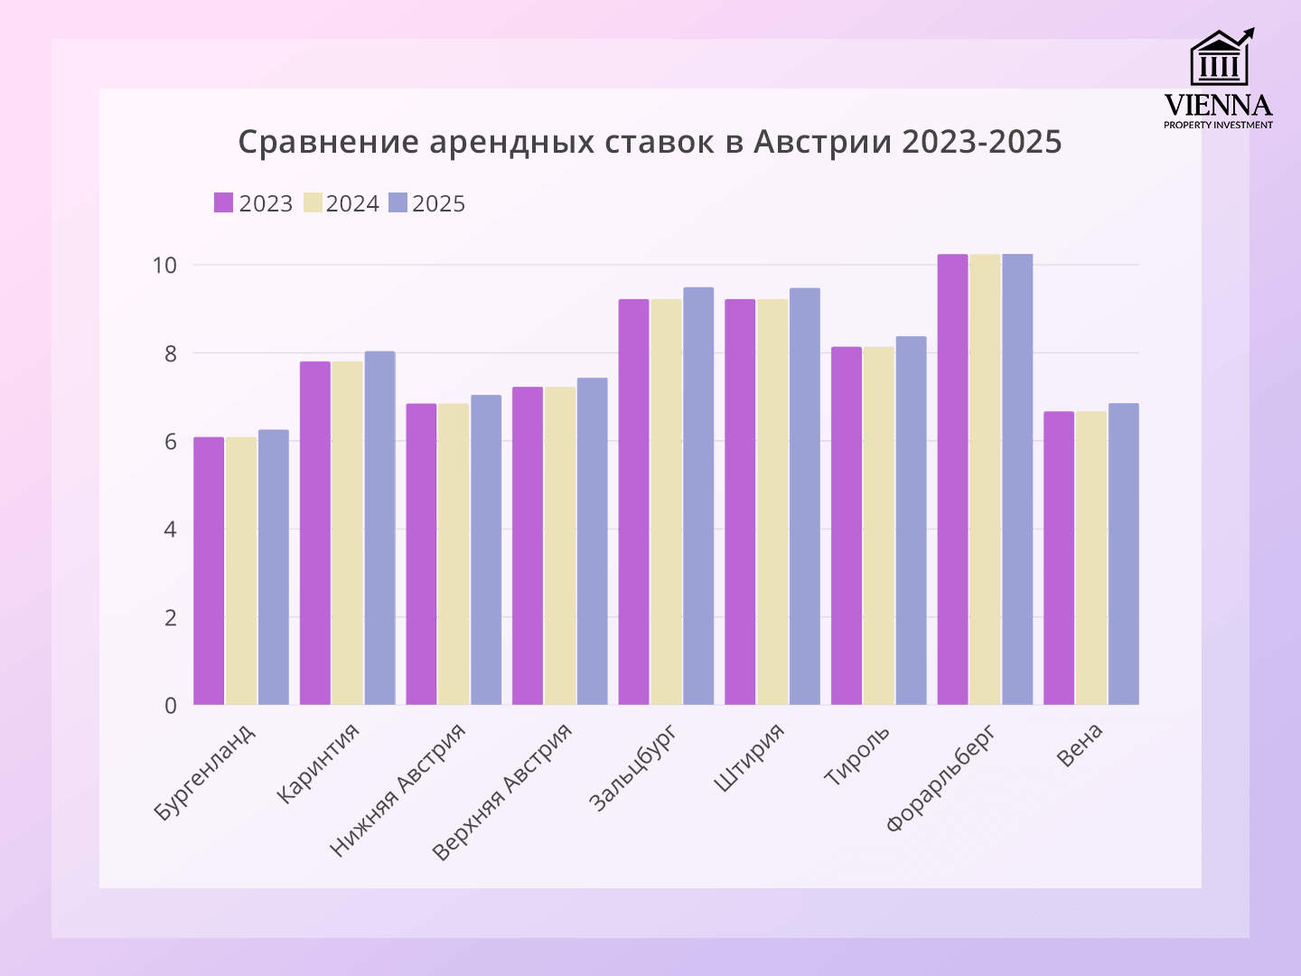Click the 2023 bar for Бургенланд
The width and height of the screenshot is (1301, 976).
(x=209, y=571)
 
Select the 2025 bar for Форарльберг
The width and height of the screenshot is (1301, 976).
(x=1017, y=479)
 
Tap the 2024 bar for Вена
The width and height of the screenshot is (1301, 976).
(x=1091, y=558)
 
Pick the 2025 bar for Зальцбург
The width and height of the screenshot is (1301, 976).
(x=698, y=496)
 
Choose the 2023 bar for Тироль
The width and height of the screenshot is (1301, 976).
(x=847, y=526)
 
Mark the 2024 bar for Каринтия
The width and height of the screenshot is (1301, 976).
(x=347, y=533)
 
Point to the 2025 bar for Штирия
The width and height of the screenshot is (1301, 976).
(x=805, y=496)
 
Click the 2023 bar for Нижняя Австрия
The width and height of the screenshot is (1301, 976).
(x=421, y=554)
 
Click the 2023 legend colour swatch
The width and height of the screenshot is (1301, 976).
(x=224, y=203)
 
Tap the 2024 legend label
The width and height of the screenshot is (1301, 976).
(x=352, y=204)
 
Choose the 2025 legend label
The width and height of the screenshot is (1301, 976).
(x=439, y=204)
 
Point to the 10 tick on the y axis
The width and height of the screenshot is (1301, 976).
(x=164, y=266)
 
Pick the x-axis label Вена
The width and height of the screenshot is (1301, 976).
(x=1081, y=746)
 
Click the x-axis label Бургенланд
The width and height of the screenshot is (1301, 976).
(x=205, y=772)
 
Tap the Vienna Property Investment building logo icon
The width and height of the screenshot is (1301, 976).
(x=1221, y=58)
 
